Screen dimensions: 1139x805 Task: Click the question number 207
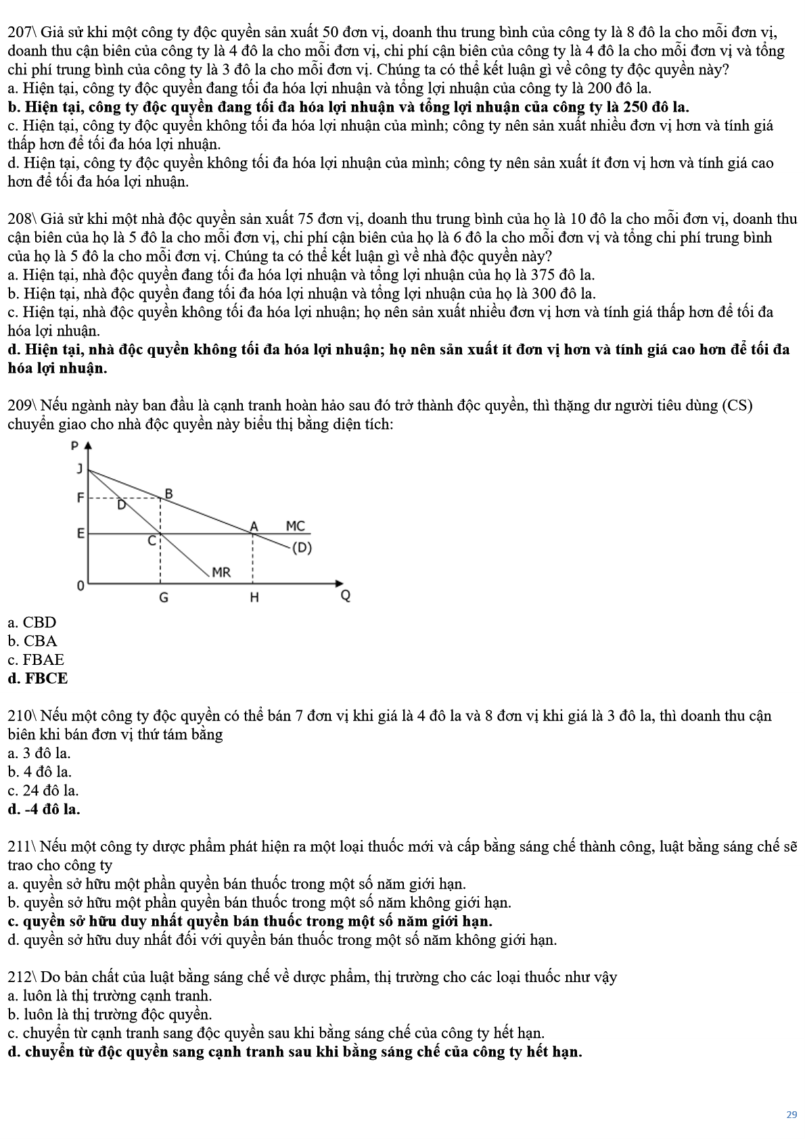(x=20, y=32)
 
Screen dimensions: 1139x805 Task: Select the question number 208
(x=20, y=219)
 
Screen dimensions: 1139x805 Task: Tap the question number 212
(x=20, y=977)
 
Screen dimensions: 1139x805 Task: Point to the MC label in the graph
(x=296, y=526)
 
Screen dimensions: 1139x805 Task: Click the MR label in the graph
(x=221, y=572)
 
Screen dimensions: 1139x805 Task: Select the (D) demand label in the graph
(x=302, y=548)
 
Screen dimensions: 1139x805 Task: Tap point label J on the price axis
(x=80, y=469)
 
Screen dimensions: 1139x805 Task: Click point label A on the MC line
(x=254, y=526)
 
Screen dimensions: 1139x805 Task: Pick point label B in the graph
(x=169, y=494)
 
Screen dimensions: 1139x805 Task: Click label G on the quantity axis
(x=164, y=598)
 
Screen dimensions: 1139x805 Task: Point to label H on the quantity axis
(x=254, y=598)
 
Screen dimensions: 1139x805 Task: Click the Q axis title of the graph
(x=345, y=596)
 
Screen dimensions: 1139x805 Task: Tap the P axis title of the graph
(x=74, y=446)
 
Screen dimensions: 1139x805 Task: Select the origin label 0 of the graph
(x=80, y=586)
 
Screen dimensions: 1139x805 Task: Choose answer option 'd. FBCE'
(x=38, y=678)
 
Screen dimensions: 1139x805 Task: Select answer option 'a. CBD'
(x=32, y=622)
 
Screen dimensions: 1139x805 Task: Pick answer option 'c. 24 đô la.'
(x=43, y=790)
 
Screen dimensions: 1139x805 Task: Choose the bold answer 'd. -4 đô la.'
(x=44, y=809)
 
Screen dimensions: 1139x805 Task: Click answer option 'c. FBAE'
(x=36, y=659)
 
